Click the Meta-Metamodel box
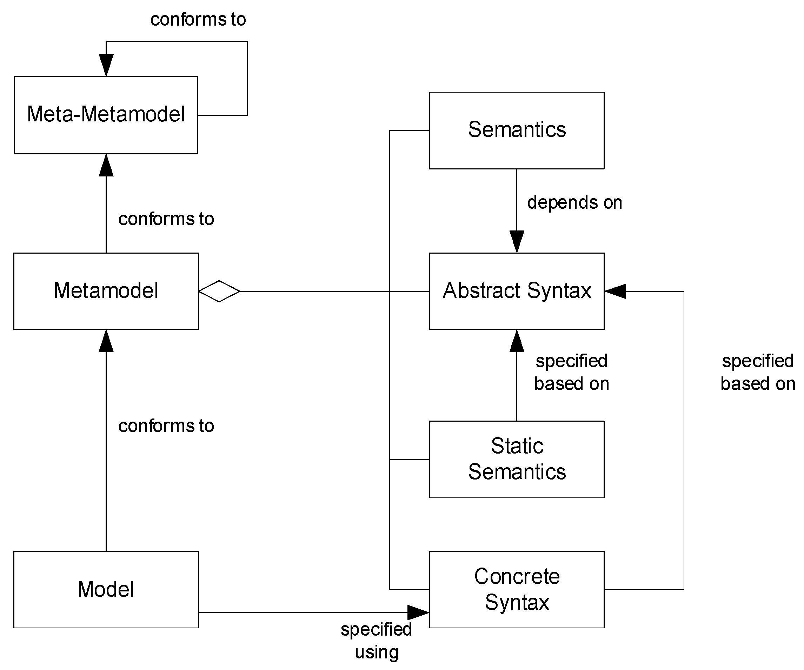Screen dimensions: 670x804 tap(106, 115)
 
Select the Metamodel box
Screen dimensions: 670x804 tap(106, 291)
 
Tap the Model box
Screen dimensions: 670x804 tap(106, 589)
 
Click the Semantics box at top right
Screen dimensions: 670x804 tap(517, 130)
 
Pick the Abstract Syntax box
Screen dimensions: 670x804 tap(517, 291)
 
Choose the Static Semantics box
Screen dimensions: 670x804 tap(517, 459)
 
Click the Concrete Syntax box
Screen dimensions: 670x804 tap(517, 589)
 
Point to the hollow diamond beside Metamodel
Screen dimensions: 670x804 tap(219, 291)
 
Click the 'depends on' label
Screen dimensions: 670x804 tap(574, 202)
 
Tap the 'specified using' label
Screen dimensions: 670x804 tap(376, 641)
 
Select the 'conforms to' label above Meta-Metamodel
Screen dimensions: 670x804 tap(198, 20)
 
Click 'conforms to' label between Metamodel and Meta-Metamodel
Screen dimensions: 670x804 tap(166, 219)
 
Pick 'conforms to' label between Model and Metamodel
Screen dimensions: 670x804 tap(166, 426)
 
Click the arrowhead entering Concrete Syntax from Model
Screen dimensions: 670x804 tap(418, 612)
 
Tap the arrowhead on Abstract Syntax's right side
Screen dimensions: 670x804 tap(615, 291)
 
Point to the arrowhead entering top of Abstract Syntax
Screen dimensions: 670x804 tap(517, 241)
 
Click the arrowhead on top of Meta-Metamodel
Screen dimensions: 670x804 tap(106, 65)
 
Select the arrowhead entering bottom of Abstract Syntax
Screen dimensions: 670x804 tap(517, 341)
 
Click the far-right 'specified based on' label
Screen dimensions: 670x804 tap(758, 372)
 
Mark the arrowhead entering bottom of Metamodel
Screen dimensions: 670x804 tap(106, 341)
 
